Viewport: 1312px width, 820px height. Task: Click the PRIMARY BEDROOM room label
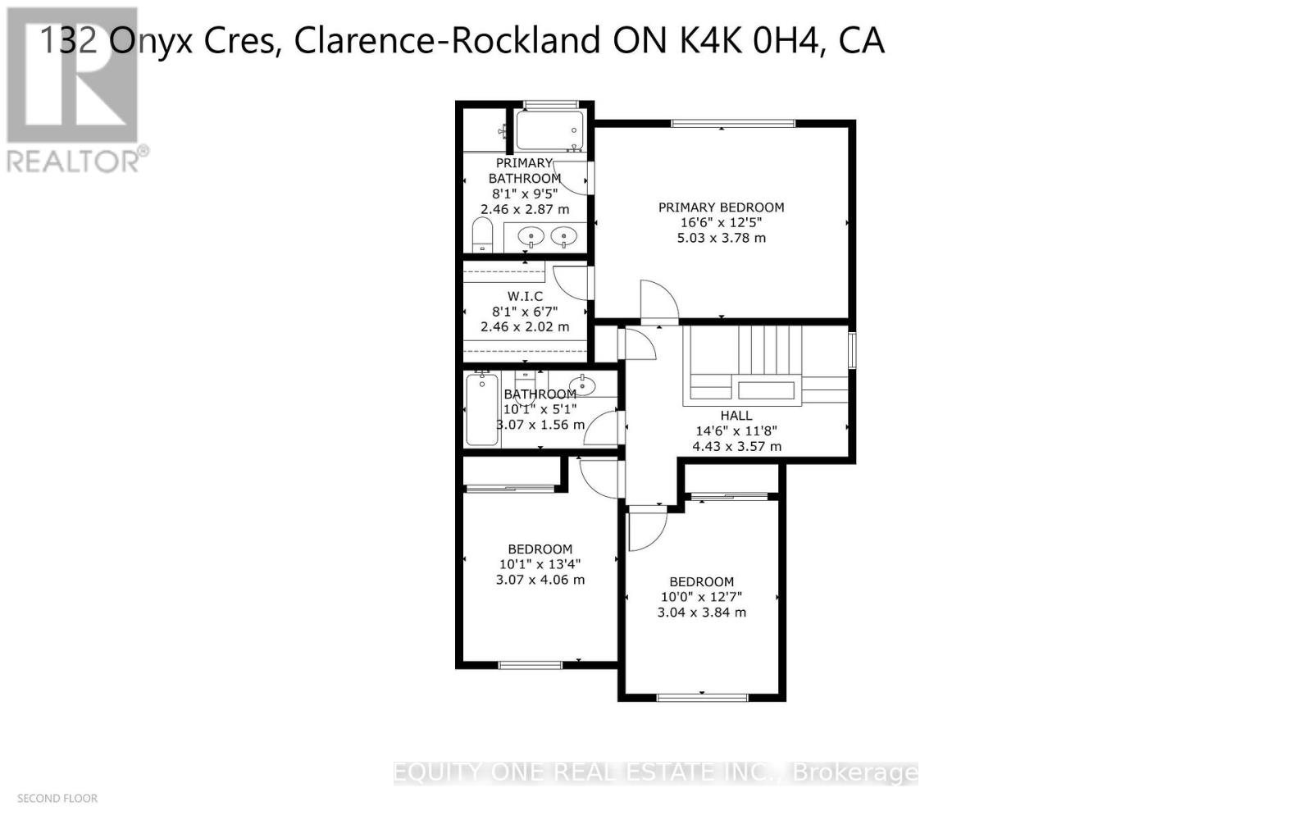721,207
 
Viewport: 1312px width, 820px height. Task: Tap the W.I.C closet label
525,296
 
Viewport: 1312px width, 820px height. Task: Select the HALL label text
736,416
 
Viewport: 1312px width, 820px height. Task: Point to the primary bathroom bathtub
549,130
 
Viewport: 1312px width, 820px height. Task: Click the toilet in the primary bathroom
481,235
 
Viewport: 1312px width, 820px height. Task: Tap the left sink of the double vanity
531,238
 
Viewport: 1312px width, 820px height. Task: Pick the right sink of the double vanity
563,238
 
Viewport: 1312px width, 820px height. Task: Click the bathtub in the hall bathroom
482,409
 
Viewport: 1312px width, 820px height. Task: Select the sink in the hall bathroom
582,384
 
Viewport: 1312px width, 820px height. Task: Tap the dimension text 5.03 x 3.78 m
721,238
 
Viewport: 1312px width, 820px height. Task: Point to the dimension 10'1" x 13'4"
540,564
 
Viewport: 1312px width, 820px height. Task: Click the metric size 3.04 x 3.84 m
701,613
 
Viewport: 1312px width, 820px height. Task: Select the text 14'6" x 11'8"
736,431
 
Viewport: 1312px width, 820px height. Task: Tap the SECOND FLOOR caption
57,798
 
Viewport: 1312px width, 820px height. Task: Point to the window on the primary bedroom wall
733,124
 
